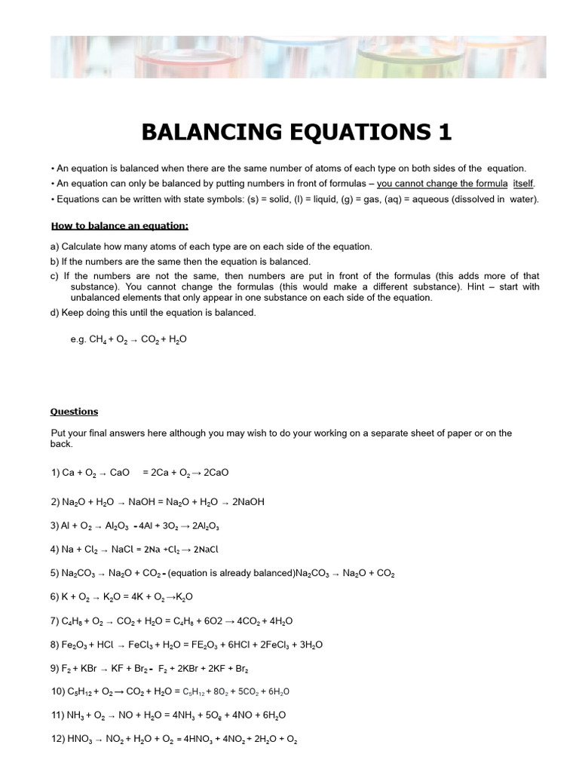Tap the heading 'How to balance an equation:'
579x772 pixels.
(x=119, y=225)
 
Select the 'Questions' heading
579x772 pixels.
(x=74, y=412)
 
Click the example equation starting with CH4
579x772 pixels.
(x=138, y=339)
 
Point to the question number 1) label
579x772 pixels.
(x=55, y=473)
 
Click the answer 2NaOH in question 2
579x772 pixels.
(x=248, y=501)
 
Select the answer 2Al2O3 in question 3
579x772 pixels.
(x=206, y=525)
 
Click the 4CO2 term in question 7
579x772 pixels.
(x=250, y=621)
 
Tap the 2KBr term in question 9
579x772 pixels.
(x=198, y=669)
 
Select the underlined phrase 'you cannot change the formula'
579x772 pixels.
(x=442, y=184)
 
